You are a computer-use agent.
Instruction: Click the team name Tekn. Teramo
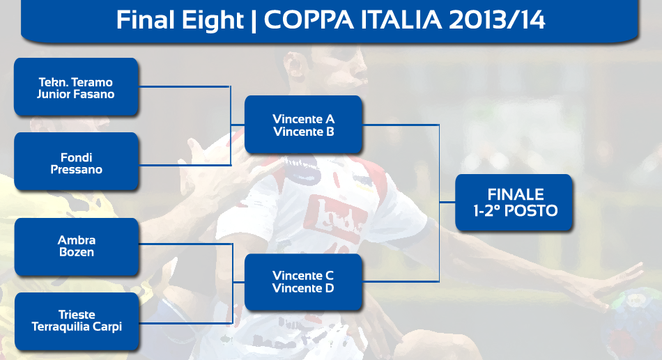(75, 82)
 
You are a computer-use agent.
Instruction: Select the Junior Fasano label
(75, 94)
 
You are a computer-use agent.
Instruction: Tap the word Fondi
(77, 157)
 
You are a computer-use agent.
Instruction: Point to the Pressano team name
(77, 169)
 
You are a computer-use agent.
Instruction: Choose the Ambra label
(77, 240)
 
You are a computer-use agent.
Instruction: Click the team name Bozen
(77, 252)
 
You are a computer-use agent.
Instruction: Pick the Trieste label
(77, 315)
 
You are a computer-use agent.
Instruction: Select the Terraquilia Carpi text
(77, 327)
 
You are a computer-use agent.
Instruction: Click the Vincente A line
(304, 119)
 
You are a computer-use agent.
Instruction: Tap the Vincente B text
(304, 132)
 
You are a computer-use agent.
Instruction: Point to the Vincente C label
(303, 276)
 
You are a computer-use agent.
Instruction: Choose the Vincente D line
(303, 288)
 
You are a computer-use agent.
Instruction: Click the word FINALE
(516, 194)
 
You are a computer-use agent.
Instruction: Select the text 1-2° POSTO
(516, 210)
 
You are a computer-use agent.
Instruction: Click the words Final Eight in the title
(180, 20)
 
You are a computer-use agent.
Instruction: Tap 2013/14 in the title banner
(497, 19)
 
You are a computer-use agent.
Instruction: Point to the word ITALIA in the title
(401, 19)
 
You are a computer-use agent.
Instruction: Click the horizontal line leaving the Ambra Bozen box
(186, 244)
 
